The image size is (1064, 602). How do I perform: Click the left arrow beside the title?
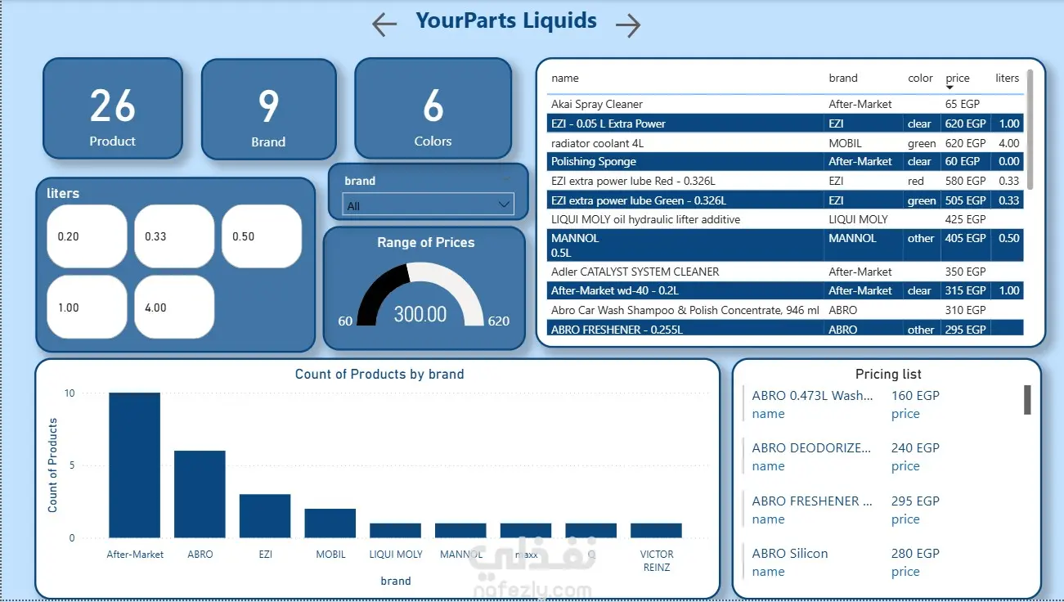(x=384, y=25)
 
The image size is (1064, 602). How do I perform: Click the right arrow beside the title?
(x=628, y=25)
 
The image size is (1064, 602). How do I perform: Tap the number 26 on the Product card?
(x=113, y=106)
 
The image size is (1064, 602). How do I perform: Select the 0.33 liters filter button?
(x=174, y=236)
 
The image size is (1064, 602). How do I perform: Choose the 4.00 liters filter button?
(x=174, y=308)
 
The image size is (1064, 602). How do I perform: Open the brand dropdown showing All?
(x=429, y=205)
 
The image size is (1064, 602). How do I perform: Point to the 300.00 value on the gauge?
(x=420, y=314)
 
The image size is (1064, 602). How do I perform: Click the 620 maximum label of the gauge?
(x=499, y=321)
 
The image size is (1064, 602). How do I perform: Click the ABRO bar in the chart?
(x=200, y=494)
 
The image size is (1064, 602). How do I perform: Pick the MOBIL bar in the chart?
(x=330, y=523)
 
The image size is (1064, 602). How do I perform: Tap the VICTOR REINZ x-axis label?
(x=657, y=560)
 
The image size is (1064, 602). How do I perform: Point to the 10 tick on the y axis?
(x=70, y=393)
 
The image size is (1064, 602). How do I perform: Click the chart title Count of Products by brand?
(x=379, y=375)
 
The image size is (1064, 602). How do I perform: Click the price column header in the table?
(x=957, y=79)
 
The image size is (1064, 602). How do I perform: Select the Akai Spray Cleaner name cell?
(x=597, y=104)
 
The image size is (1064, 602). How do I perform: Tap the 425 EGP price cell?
(x=965, y=219)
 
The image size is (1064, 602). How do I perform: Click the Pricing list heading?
(x=888, y=375)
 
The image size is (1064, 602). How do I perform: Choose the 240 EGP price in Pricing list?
(x=915, y=448)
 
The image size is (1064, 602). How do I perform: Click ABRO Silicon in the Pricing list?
(x=790, y=554)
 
